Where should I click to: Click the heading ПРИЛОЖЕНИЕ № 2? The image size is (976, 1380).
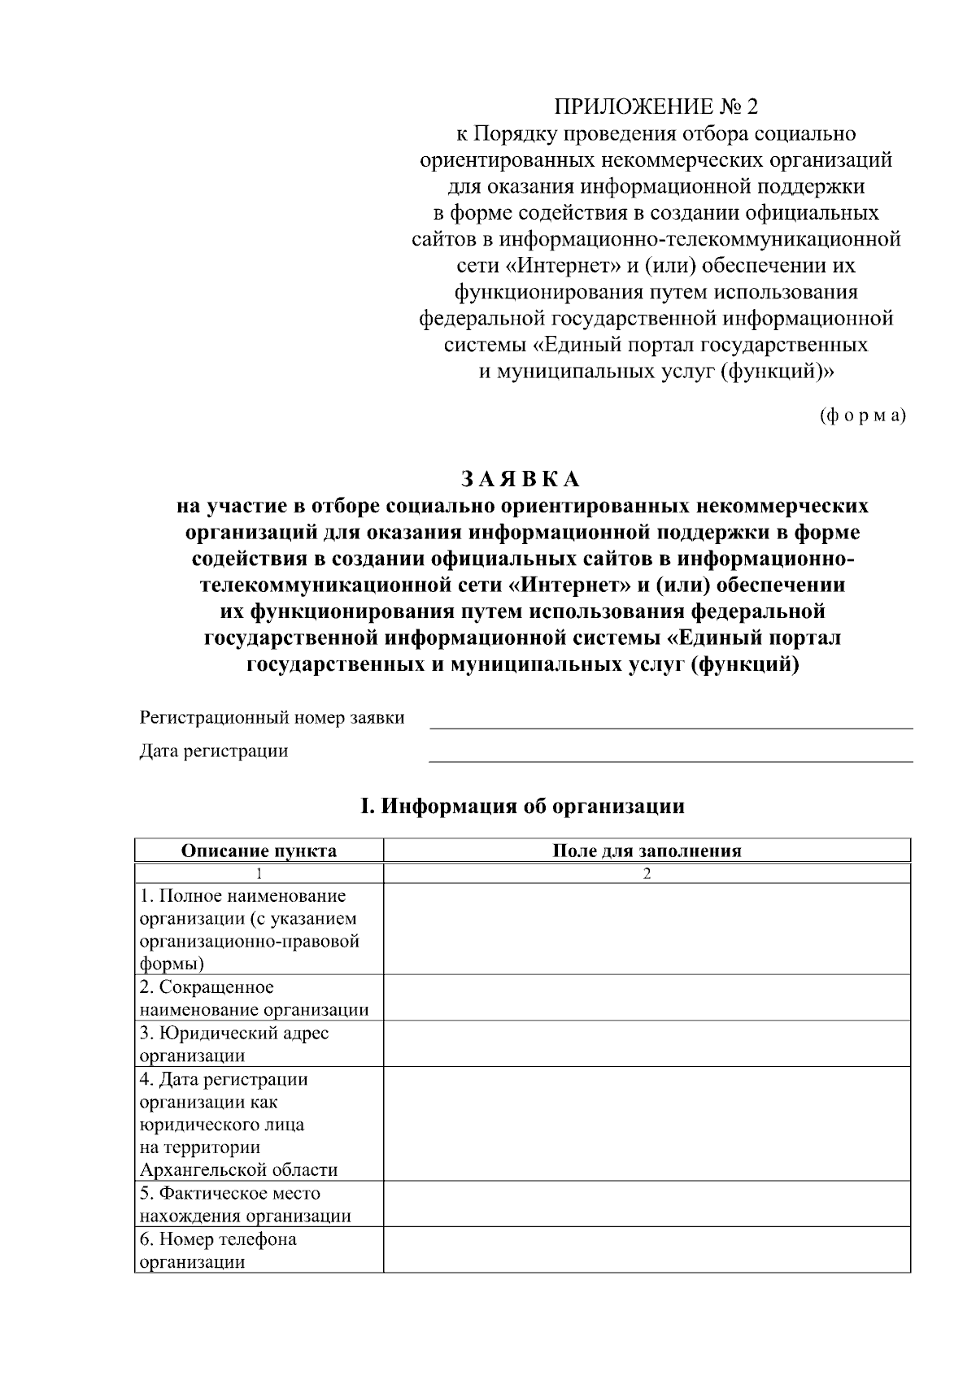click(x=656, y=107)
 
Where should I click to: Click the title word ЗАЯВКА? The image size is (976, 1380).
click(x=521, y=477)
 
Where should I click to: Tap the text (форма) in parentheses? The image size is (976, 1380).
click(x=862, y=416)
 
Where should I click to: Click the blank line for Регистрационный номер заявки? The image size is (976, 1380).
click(x=670, y=721)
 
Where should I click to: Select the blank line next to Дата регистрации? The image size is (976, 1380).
click(x=670, y=754)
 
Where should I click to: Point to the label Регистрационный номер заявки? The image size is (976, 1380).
click(x=272, y=718)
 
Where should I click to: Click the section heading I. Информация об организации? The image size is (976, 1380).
click(x=522, y=806)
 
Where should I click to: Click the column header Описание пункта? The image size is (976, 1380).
click(x=259, y=851)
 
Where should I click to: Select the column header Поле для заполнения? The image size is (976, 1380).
click(x=647, y=851)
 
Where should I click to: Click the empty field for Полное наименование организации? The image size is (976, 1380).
click(x=647, y=929)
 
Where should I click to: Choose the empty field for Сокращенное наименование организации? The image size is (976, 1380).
click(x=647, y=998)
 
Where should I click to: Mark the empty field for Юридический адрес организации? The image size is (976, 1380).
click(x=647, y=1044)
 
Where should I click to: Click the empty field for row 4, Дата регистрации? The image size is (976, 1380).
click(x=647, y=1124)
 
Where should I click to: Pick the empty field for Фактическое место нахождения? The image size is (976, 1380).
click(x=647, y=1204)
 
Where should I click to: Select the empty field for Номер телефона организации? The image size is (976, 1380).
click(x=647, y=1250)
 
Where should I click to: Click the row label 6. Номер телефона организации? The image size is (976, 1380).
click(x=218, y=1251)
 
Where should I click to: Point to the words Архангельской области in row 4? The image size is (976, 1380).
click(x=238, y=1170)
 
